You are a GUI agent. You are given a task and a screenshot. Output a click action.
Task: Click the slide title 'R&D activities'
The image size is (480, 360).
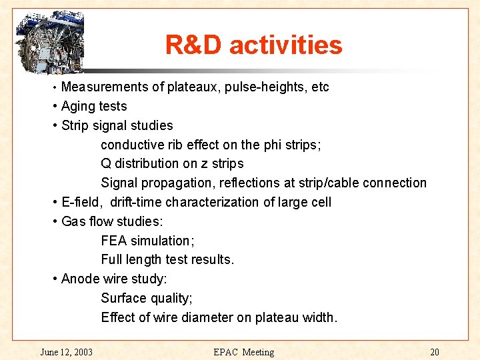click(253, 45)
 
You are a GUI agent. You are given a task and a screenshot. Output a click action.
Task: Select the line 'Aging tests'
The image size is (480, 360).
click(93, 107)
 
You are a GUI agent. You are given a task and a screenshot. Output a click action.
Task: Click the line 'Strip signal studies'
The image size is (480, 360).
click(117, 125)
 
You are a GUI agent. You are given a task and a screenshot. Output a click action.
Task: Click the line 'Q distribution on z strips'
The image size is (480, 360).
click(172, 164)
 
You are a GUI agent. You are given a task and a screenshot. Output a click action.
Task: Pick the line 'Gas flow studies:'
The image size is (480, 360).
click(112, 221)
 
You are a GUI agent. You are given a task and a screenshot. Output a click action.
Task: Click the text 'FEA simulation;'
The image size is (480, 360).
click(147, 241)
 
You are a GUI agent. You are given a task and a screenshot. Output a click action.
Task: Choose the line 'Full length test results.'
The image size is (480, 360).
click(167, 260)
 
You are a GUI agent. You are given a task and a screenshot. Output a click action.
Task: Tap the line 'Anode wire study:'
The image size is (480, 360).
click(114, 279)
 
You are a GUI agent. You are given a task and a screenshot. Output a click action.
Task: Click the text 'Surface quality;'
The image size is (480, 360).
click(147, 298)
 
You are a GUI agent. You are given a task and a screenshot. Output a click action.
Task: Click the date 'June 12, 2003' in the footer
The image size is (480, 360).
click(66, 352)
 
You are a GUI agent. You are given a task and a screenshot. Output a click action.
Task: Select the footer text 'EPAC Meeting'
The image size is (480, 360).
click(243, 352)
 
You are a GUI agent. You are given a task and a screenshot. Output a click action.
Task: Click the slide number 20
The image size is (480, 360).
click(434, 352)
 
